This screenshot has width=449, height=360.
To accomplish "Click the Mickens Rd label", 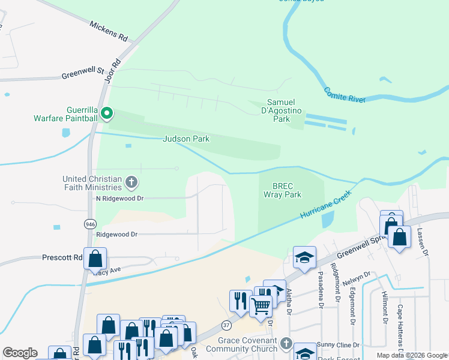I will tap(109, 32).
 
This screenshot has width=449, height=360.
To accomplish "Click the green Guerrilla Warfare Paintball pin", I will tap(107, 113).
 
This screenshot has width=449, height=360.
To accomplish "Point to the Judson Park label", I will tap(186, 139).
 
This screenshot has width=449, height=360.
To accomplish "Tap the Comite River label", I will tap(345, 95).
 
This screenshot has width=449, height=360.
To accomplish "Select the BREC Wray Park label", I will tap(282, 190).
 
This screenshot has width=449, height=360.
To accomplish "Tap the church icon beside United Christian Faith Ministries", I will tap(131, 181).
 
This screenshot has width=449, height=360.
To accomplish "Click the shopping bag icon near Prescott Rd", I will tap(95, 259).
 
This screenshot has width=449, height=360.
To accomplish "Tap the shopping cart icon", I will tap(261, 306).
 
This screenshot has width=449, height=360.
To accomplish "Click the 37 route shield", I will tap(226, 325).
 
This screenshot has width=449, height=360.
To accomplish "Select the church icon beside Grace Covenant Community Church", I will tap(286, 344).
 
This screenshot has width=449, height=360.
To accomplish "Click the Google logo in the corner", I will tap(20, 353).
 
